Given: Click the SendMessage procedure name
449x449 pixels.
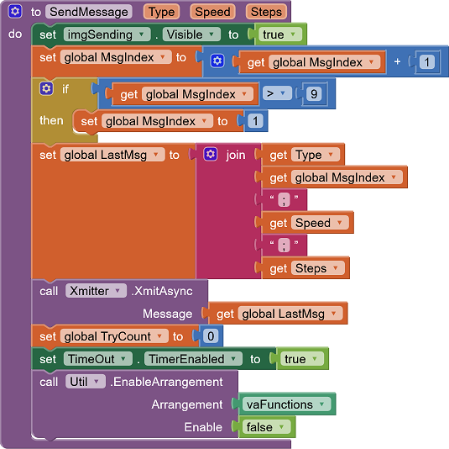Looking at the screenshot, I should (x=90, y=12).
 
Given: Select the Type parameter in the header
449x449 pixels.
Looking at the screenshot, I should (x=161, y=12).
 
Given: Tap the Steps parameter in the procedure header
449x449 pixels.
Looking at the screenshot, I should (x=265, y=12).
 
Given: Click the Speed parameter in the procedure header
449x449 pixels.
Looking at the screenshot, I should (x=212, y=12).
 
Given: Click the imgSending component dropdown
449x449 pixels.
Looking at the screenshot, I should (x=107, y=34).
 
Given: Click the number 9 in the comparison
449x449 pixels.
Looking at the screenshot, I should (x=314, y=94).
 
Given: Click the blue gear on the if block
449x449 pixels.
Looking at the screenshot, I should (x=46, y=88).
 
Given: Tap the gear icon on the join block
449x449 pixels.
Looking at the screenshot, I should (x=211, y=155).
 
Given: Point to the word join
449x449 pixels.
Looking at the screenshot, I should (x=236, y=156).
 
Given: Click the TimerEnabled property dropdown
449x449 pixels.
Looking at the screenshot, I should (x=192, y=359).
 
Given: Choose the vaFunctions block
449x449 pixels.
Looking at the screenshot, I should (x=285, y=404).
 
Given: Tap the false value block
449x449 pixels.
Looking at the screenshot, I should (x=265, y=427).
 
